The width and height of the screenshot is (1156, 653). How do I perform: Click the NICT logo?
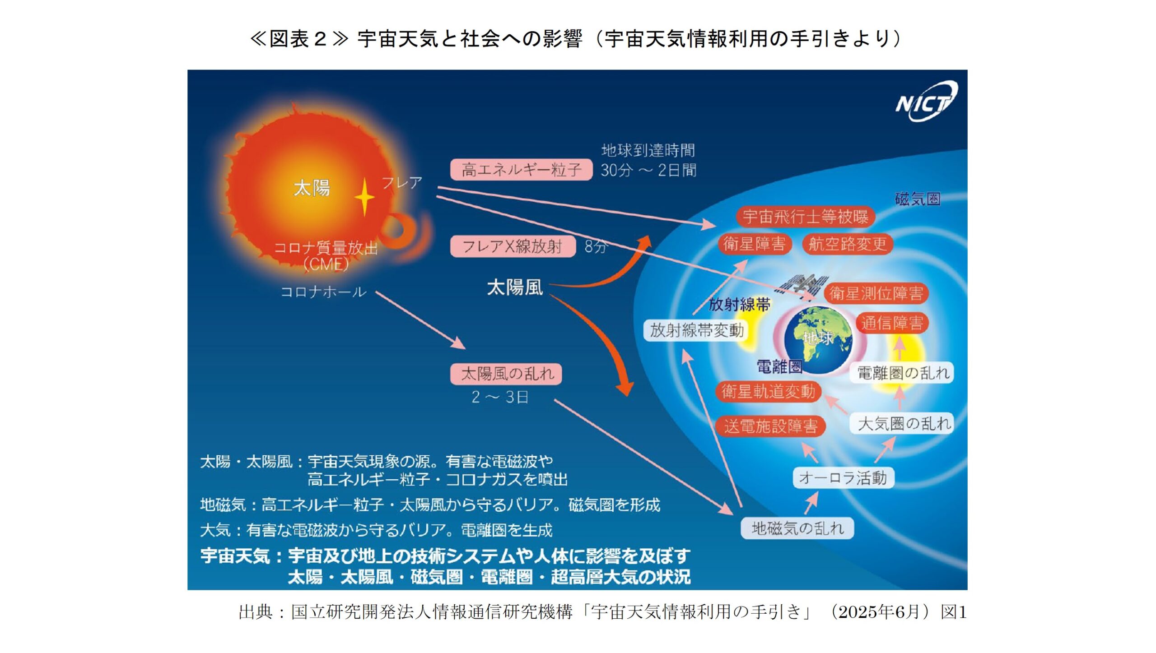(926, 102)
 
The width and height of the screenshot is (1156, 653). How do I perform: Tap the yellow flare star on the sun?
(364, 197)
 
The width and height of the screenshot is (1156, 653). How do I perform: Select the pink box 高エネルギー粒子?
(521, 170)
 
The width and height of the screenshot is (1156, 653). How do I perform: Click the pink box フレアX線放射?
(513, 246)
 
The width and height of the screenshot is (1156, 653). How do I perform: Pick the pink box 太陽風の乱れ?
(506, 374)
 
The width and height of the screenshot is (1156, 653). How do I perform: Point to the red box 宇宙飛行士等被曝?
(805, 217)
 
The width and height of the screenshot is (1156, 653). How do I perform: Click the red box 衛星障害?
(754, 244)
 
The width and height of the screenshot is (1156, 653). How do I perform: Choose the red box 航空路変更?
(847, 244)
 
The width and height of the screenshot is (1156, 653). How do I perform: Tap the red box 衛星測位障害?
(876, 294)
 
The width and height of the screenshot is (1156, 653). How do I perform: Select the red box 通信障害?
(892, 323)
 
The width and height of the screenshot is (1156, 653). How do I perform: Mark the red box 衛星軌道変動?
(768, 391)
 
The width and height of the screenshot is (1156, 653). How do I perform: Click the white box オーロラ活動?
(843, 478)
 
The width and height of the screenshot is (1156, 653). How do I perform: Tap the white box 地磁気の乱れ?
(797, 528)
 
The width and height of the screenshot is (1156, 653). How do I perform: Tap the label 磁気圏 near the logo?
(918, 199)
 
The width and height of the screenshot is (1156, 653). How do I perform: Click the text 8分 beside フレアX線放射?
(596, 246)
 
